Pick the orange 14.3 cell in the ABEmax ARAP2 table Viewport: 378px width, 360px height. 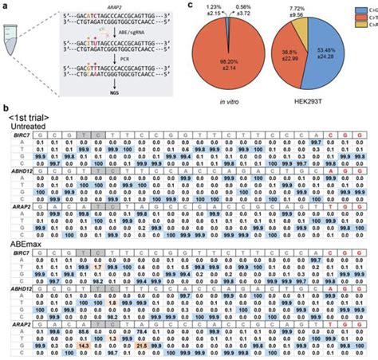coord(83,346)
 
